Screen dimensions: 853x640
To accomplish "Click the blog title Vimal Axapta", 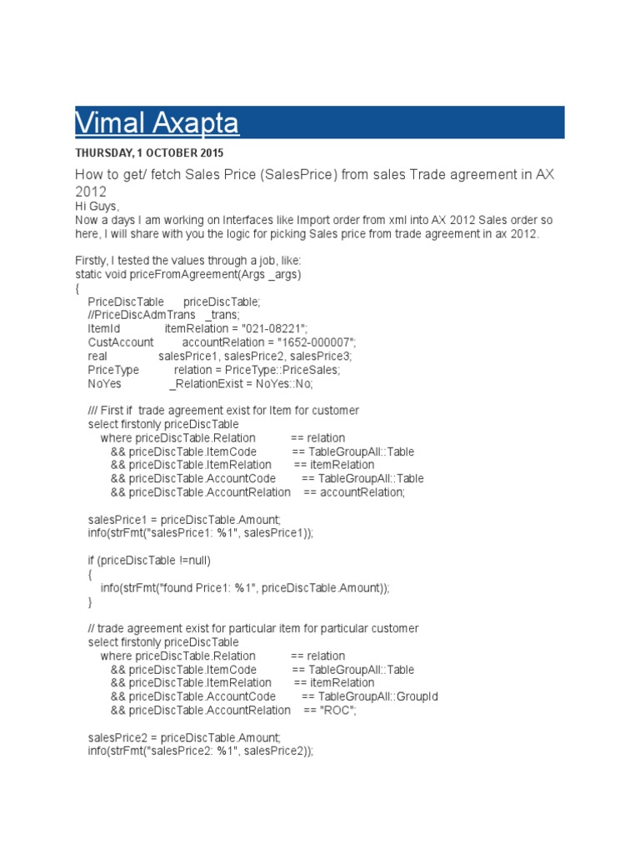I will pos(157,122).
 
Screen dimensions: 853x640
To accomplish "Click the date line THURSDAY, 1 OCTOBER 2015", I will pos(149,153).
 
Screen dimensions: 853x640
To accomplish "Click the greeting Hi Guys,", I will pos(97,206).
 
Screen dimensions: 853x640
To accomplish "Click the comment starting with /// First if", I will pos(223,411).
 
